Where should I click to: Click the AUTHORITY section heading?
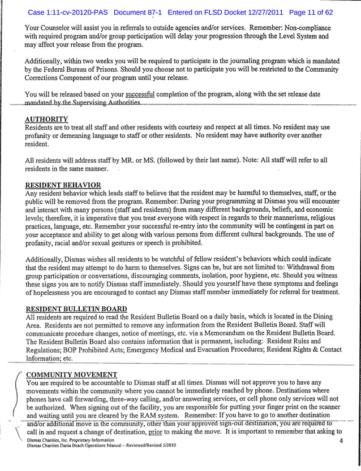pyautogui.click(x=47, y=119)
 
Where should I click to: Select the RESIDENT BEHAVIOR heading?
pyautogui.click(x=63, y=185)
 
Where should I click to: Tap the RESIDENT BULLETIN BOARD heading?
pyautogui.click(x=76, y=309)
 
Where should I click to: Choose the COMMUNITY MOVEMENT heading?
pyautogui.click(x=72, y=374)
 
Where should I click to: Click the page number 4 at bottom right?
pyautogui.click(x=341, y=441)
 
